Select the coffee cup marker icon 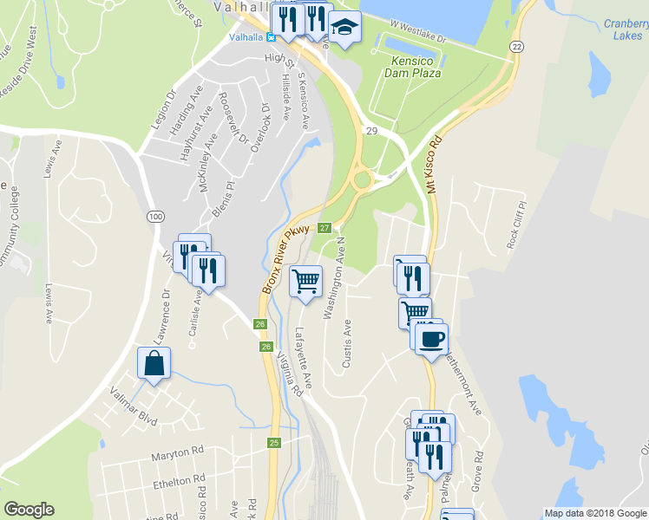click(430, 338)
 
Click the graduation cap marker click(344, 28)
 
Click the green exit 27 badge click(324, 228)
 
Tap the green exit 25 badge click(274, 443)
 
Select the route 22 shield click(516, 46)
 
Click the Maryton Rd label click(176, 452)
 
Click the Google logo click(29, 510)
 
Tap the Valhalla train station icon click(271, 37)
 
